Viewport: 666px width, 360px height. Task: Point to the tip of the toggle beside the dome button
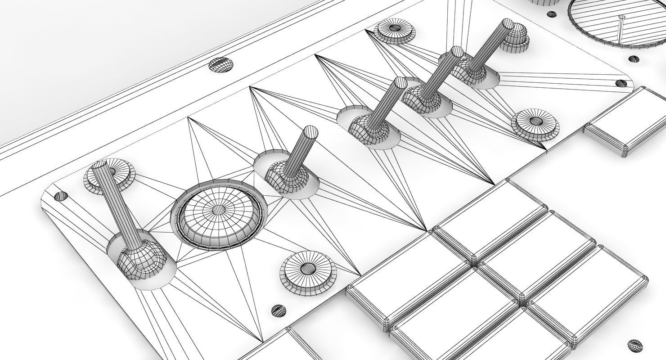[310, 132]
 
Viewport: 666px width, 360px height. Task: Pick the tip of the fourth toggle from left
[457, 52]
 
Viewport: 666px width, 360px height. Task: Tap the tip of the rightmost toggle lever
[508, 24]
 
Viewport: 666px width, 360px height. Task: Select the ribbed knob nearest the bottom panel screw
[308, 270]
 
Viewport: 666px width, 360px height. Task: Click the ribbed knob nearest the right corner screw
[536, 122]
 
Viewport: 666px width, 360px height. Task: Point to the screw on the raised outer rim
[221, 65]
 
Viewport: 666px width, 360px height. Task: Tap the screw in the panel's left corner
[61, 196]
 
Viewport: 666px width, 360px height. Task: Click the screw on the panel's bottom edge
[279, 310]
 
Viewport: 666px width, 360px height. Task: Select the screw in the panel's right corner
[621, 83]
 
